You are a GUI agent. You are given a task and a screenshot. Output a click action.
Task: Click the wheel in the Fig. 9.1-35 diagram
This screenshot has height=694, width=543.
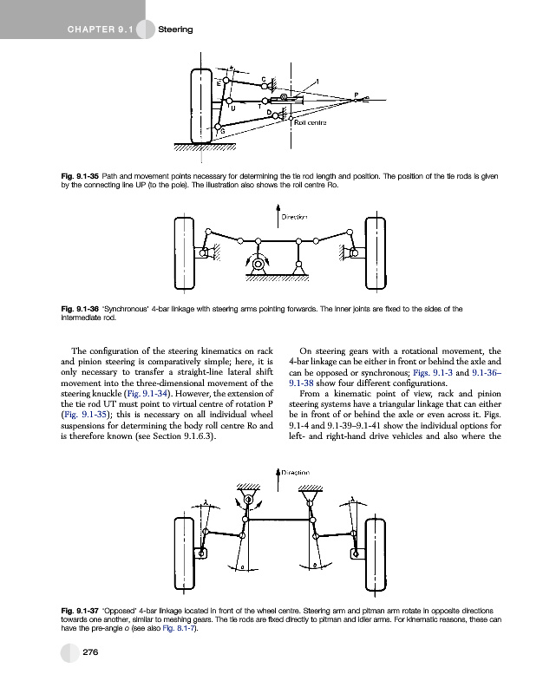coord(200,105)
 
